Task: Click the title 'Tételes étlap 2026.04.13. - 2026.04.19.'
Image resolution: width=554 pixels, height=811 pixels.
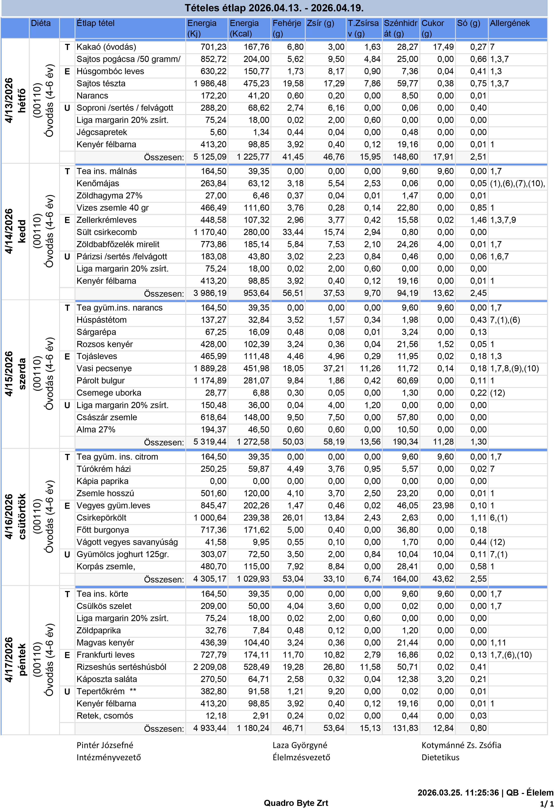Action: (274, 8)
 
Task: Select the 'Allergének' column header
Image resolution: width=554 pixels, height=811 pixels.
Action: (510, 23)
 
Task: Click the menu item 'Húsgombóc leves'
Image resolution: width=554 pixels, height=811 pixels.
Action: (110, 71)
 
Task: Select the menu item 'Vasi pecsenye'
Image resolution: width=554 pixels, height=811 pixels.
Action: (104, 368)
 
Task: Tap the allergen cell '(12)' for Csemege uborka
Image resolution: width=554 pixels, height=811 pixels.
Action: (498, 393)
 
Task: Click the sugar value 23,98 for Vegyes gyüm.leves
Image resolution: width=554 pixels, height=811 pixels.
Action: (443, 506)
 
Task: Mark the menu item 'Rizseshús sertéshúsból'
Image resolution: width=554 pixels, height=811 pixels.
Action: (121, 667)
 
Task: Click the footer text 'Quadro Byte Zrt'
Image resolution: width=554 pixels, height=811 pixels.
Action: (296, 803)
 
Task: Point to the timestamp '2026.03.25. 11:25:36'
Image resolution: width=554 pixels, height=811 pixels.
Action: (458, 793)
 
